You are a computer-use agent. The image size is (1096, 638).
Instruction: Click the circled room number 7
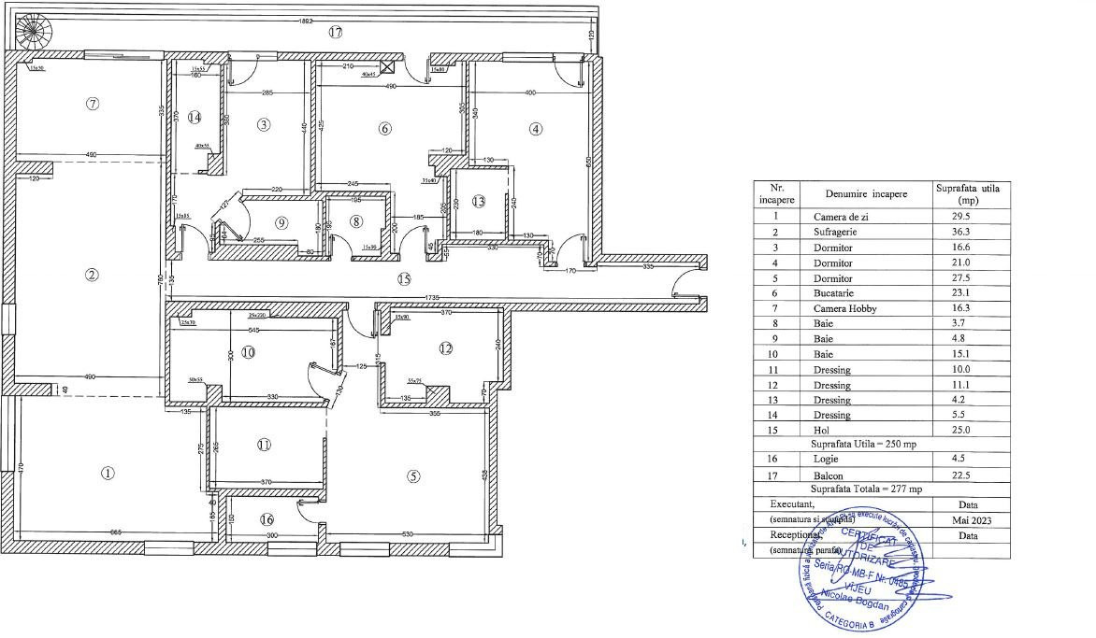point(92,104)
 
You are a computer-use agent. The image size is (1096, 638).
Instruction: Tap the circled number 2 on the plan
point(92,275)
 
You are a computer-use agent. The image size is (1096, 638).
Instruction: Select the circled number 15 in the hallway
point(404,278)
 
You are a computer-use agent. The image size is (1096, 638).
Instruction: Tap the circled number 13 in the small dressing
point(479,201)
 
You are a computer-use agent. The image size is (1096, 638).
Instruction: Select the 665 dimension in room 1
point(116,532)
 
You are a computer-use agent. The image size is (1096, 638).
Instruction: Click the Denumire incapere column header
point(859,193)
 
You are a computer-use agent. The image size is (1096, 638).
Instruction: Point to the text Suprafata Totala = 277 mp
point(866,489)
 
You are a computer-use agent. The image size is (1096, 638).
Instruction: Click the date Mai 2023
point(967,519)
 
